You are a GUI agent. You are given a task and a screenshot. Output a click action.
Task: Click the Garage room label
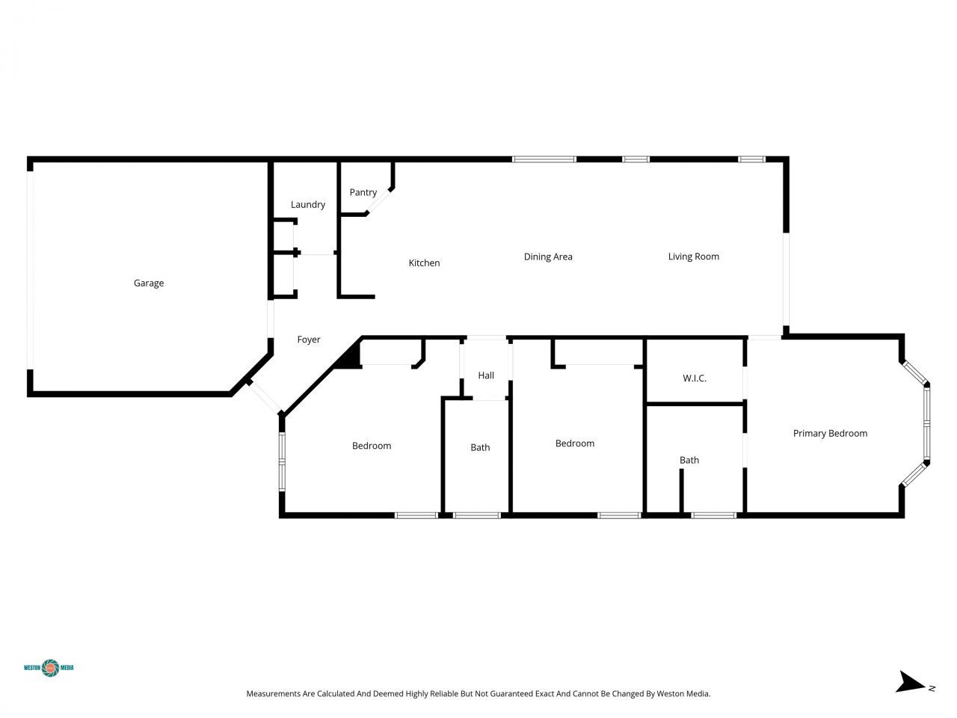point(148,283)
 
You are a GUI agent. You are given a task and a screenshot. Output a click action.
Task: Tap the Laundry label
point(307,204)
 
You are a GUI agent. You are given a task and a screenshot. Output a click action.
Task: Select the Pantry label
point(363,192)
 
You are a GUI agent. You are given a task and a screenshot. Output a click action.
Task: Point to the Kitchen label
point(424,263)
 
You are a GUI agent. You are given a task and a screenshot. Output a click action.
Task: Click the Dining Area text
point(547,257)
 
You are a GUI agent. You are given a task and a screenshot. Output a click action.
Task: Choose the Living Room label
point(693,257)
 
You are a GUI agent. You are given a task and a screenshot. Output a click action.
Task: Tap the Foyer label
point(308,340)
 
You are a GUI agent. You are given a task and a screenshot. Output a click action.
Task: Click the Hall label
point(486,375)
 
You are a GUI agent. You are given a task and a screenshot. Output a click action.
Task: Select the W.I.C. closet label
point(694,378)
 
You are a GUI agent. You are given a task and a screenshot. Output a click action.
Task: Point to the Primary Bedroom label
point(830,433)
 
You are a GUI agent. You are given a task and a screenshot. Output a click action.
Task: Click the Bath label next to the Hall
point(480,447)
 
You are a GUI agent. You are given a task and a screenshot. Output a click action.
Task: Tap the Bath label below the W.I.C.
point(689,460)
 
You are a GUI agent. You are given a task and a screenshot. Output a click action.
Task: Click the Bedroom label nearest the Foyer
point(372,446)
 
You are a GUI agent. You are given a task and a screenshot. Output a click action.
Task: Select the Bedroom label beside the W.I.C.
point(574,444)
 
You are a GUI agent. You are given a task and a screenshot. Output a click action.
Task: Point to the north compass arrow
point(911,682)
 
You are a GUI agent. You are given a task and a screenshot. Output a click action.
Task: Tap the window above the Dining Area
point(544,159)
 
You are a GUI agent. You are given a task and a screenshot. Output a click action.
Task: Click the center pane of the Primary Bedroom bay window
point(926,423)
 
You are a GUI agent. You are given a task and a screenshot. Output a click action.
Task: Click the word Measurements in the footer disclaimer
point(273,694)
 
